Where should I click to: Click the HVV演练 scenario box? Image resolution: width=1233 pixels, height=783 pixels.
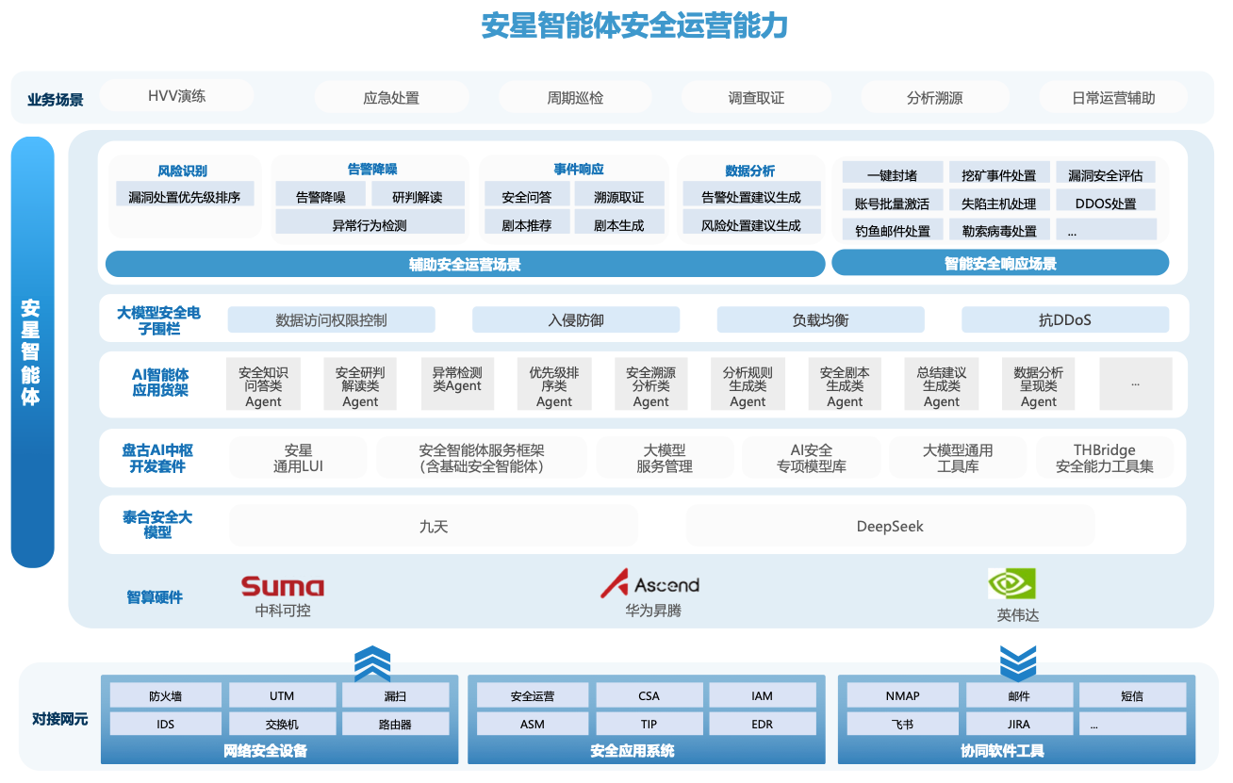[176, 96]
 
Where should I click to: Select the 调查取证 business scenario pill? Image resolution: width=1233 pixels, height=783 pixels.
[756, 98]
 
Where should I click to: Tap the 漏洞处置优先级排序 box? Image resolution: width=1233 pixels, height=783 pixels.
[185, 197]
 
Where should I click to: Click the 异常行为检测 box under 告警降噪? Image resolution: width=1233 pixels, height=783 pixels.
[370, 224]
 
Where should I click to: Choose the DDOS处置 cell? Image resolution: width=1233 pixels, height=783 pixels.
[1105, 203]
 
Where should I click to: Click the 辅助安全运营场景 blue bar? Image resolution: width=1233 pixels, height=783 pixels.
[465, 264]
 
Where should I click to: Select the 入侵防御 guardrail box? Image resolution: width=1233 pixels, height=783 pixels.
[575, 320]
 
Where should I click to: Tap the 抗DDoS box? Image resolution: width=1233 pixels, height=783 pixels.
[1064, 320]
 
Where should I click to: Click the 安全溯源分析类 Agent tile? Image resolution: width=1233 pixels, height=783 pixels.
[650, 385]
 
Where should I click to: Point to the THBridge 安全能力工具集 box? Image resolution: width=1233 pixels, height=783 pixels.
[1104, 458]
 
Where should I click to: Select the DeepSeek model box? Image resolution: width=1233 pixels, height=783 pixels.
[889, 526]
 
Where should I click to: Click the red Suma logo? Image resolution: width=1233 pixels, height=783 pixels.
[282, 586]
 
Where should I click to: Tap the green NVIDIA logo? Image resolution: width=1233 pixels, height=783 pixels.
[1011, 584]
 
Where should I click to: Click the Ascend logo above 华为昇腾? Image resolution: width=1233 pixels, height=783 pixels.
[649, 584]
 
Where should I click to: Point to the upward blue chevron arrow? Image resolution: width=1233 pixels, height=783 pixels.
[372, 664]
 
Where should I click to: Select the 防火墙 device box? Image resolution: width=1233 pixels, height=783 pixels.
[165, 696]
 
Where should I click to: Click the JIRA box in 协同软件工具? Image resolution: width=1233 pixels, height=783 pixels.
[1018, 725]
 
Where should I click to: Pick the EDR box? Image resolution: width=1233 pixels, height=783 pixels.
[762, 725]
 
